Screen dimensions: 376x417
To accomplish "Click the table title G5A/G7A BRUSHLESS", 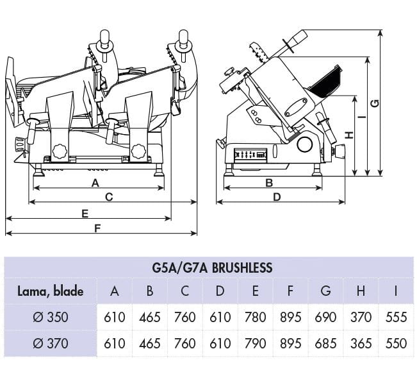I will coord(213,267).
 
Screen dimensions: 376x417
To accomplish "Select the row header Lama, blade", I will coord(50,291).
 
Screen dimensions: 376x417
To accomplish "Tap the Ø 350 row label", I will coord(51,317).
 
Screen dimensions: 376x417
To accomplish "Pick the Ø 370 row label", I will coord(51,343).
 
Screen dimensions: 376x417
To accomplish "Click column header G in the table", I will coord(325,291).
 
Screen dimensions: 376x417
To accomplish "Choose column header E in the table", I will coord(255,291).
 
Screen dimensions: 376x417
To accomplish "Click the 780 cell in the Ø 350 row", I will coord(255,317).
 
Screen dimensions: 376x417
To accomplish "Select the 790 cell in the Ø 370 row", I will coord(255,343).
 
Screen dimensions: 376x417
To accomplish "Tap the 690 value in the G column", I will coord(325,317).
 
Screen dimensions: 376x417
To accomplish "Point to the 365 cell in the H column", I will coord(361,343).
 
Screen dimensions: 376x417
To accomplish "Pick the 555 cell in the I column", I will coord(396,317).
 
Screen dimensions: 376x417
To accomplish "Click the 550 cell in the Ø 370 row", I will coord(396,343).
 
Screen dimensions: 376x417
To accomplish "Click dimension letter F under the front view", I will coord(97,228).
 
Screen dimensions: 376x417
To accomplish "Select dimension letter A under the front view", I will coord(95,183).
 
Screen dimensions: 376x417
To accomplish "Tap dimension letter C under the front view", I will coord(109,197).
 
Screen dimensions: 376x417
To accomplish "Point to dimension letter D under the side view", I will coord(277,197).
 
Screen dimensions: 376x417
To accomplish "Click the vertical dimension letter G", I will coord(375,103).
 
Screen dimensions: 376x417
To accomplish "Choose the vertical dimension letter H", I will coord(348,135).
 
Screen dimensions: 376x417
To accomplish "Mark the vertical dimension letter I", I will coord(363,117).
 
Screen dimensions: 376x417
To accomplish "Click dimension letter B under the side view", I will coord(269,183).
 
